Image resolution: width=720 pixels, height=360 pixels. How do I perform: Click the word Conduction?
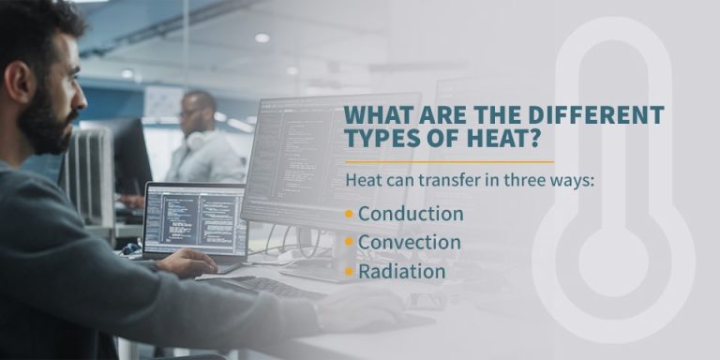coord(411,214)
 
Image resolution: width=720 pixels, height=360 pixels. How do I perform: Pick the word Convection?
coord(410,243)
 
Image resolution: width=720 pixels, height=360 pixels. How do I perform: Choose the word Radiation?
coord(401,272)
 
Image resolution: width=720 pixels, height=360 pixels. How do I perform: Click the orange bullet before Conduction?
coord(349,214)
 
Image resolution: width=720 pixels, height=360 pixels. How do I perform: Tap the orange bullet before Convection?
coord(349,243)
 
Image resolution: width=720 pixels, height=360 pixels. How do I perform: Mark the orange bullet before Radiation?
coord(349,272)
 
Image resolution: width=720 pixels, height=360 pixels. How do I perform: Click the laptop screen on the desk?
coord(195,223)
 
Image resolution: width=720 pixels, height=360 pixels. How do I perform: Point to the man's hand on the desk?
coord(187,263)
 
